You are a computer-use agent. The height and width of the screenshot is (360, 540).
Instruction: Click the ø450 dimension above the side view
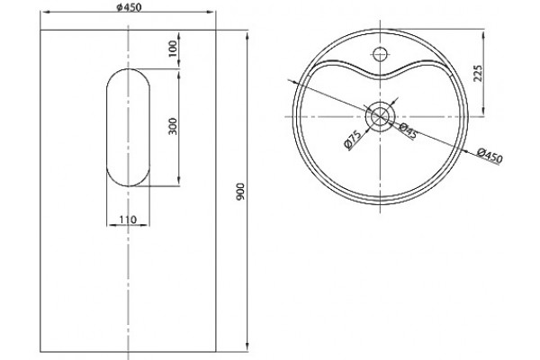coord(129,7)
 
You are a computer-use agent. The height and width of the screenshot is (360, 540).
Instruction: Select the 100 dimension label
coord(173,49)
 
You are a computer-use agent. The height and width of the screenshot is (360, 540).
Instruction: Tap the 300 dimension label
coord(173,126)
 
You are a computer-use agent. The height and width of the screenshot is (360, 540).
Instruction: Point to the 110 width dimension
coord(128,219)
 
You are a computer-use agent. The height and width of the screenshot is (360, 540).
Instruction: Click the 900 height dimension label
coord(240,191)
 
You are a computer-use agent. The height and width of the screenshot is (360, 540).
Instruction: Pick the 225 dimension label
coord(478,73)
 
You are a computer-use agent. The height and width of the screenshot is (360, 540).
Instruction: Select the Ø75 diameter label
coord(353,139)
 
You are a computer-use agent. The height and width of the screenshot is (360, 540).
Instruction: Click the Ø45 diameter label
coord(408,130)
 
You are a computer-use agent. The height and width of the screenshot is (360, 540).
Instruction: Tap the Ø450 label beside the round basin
coord(490,155)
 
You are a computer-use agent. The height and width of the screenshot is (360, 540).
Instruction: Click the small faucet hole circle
coord(380,54)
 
